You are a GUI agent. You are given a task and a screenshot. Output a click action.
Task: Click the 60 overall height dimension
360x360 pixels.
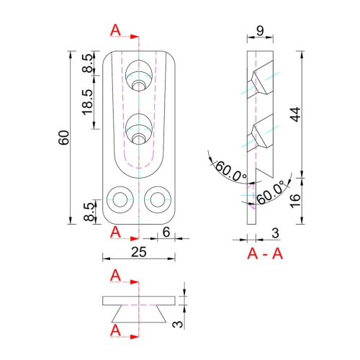64,137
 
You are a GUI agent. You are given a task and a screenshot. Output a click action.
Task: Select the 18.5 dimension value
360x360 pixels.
87,103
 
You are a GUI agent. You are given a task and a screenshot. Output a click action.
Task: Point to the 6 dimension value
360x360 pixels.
166,232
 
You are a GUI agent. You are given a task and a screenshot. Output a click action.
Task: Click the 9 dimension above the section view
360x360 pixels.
260,32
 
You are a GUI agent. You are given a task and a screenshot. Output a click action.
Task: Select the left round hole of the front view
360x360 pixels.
119,199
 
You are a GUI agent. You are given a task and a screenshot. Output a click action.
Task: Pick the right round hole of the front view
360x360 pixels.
156,199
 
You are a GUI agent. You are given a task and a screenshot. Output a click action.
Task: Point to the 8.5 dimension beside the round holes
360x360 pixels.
87,212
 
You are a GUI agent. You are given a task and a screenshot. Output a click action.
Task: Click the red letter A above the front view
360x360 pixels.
116,31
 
